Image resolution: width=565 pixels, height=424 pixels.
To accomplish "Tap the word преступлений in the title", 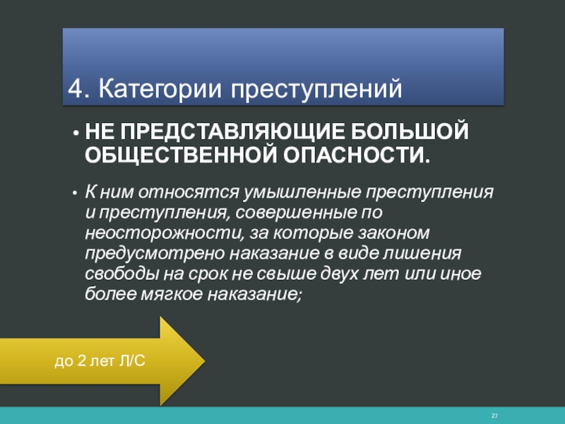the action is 316,90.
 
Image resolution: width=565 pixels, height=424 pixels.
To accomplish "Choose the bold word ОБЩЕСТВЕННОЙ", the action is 180,155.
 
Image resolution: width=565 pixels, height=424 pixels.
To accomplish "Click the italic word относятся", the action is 189,192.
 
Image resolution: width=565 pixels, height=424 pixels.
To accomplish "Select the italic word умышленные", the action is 302,192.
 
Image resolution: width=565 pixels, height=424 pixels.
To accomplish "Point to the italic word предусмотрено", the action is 155,254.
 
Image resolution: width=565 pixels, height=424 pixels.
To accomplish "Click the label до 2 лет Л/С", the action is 100,361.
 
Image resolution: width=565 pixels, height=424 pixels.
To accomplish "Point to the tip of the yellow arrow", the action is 205,360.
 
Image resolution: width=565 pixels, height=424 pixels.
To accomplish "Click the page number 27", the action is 494,416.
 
